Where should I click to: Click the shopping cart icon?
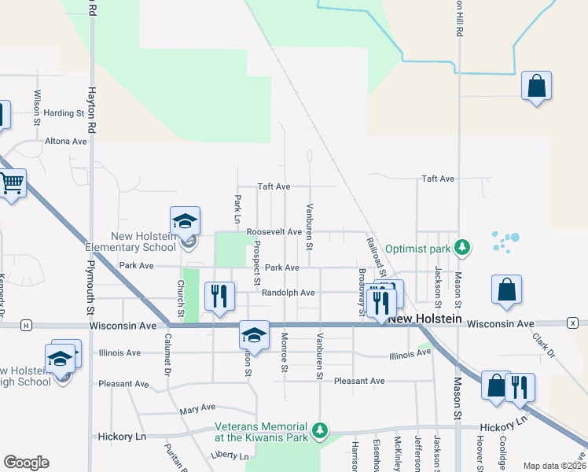tap(11, 184)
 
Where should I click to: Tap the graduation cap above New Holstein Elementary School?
tap(185, 221)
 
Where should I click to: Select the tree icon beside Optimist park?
tap(464, 247)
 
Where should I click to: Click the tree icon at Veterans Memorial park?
tap(319, 430)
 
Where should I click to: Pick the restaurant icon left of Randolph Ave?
tap(219, 296)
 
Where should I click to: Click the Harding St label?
tap(64, 113)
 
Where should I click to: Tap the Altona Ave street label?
tap(66, 142)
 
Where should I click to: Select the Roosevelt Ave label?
tap(274, 233)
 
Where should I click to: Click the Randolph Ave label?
tap(288, 293)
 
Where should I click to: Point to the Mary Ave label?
tap(197, 409)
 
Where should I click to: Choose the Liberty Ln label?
tap(229, 455)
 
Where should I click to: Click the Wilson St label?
tap(37, 108)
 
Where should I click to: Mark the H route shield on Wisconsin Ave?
tap(26, 325)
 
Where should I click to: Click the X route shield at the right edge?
tap(573, 323)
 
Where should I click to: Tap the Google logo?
tap(26, 463)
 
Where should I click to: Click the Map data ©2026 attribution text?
tap(554, 466)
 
